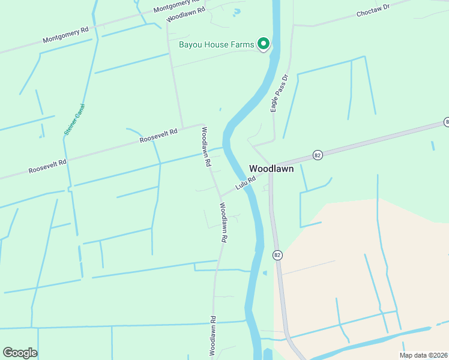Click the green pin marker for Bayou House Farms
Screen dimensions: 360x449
coord(263,43)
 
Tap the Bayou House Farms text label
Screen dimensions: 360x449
coord(217,44)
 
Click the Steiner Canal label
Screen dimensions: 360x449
coord(75,119)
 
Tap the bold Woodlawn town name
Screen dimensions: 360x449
coord(271,169)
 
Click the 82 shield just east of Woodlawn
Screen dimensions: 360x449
coord(318,155)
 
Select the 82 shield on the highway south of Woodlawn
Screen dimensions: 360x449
coord(277,255)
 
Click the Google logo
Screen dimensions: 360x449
coord(20,353)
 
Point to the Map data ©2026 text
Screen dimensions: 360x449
coord(423,355)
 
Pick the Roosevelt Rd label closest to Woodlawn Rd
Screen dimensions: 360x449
coord(159,136)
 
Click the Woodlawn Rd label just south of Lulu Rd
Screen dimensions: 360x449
coord(223,222)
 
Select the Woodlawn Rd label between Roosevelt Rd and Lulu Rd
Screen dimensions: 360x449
coord(206,146)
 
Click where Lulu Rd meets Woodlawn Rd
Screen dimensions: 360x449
coord(220,196)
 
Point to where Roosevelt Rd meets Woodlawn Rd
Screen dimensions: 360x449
coord(203,125)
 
